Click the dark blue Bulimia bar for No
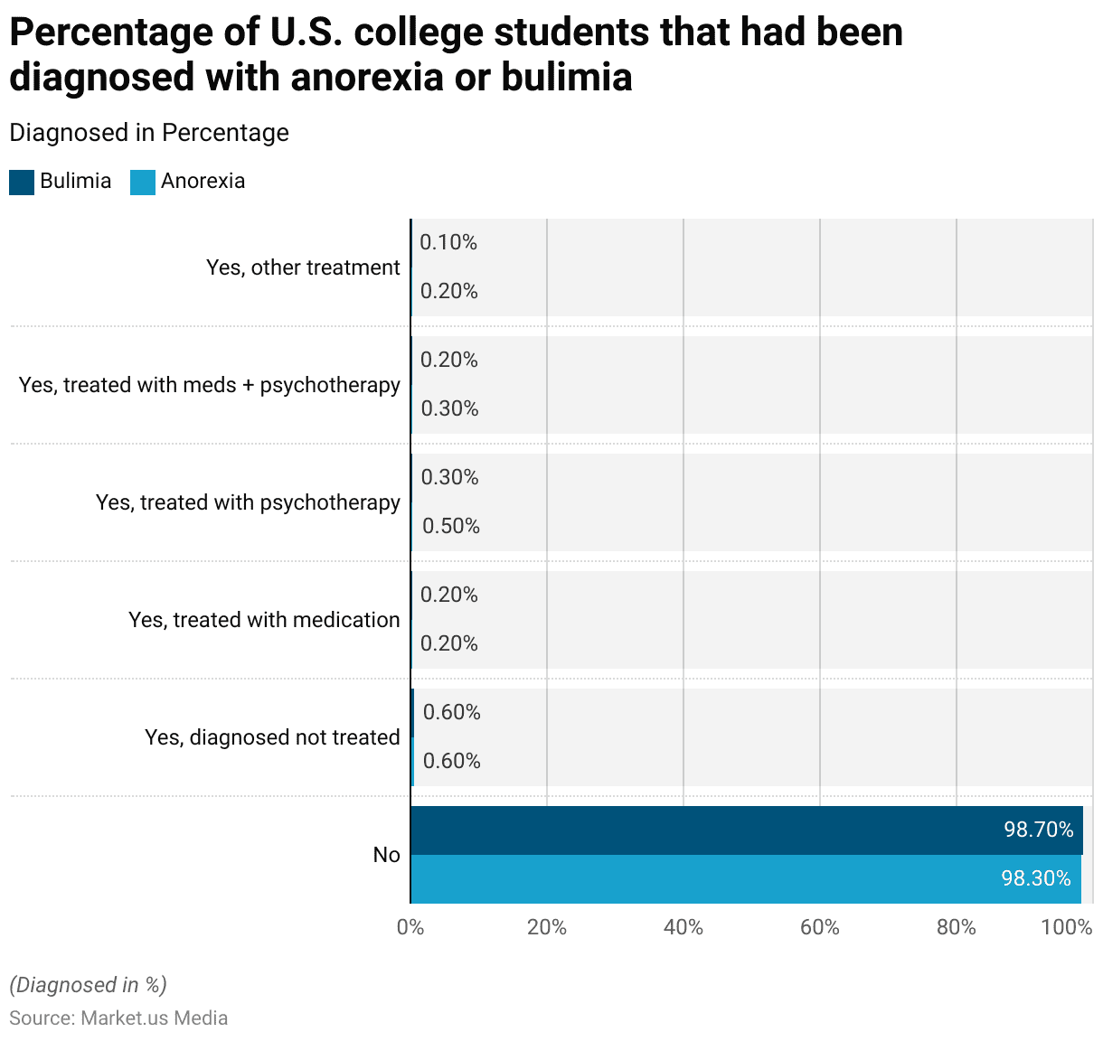pyautogui.click(x=705, y=830)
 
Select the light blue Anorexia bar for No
pyautogui.click(x=705, y=879)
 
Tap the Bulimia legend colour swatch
pyautogui.click(x=22, y=182)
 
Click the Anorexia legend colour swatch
pyautogui.click(x=143, y=182)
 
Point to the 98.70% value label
pyautogui.click(x=1038, y=830)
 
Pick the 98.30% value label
pyautogui.click(x=1036, y=878)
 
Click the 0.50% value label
pyautogui.click(x=451, y=526)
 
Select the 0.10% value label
pyautogui.click(x=448, y=242)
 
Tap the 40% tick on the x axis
pyautogui.click(x=683, y=927)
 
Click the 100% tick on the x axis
pyautogui.click(x=1067, y=927)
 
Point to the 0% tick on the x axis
pyautogui.click(x=410, y=927)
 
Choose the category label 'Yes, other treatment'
pyautogui.click(x=303, y=267)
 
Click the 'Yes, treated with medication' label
pyautogui.click(x=264, y=620)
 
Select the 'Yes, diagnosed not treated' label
pyautogui.click(x=272, y=737)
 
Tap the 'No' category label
pyautogui.click(x=386, y=855)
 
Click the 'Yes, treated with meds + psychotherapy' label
pyautogui.click(x=210, y=385)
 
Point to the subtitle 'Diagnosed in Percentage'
pyautogui.click(x=149, y=133)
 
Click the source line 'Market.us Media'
pyautogui.click(x=118, y=1018)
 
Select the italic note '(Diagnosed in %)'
pyautogui.click(x=88, y=985)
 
